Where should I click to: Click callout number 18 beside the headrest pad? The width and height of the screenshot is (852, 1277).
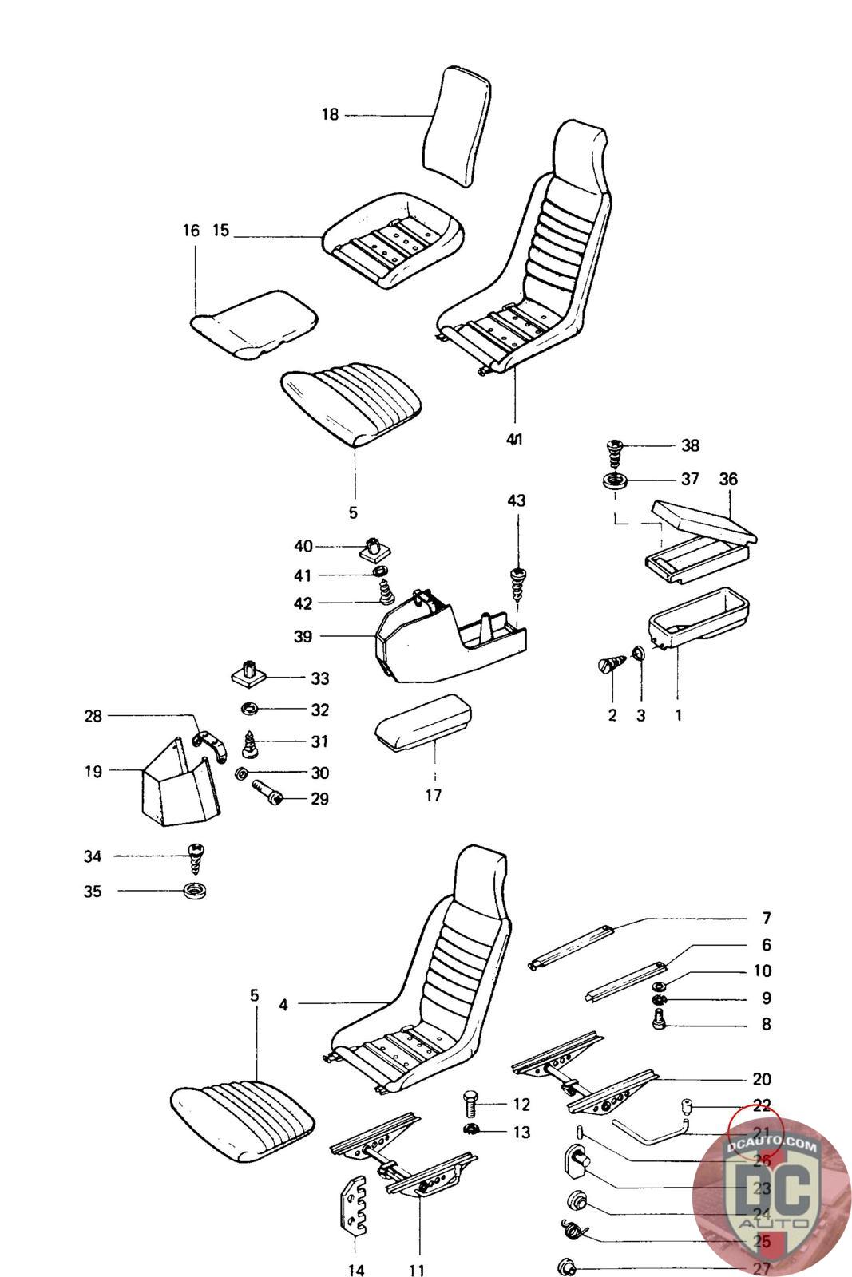pos(330,115)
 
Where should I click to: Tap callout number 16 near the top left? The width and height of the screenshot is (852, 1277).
pos(190,231)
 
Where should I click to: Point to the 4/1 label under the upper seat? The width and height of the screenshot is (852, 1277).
pos(515,439)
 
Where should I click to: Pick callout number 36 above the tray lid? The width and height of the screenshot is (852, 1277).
pos(728,479)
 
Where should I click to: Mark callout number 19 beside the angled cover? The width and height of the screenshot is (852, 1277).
pos(93,772)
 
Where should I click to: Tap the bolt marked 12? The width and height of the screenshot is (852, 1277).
pos(472,1105)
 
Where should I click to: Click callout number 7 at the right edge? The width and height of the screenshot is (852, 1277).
pos(766,919)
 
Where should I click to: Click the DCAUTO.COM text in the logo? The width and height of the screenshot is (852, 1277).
pos(772,1148)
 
